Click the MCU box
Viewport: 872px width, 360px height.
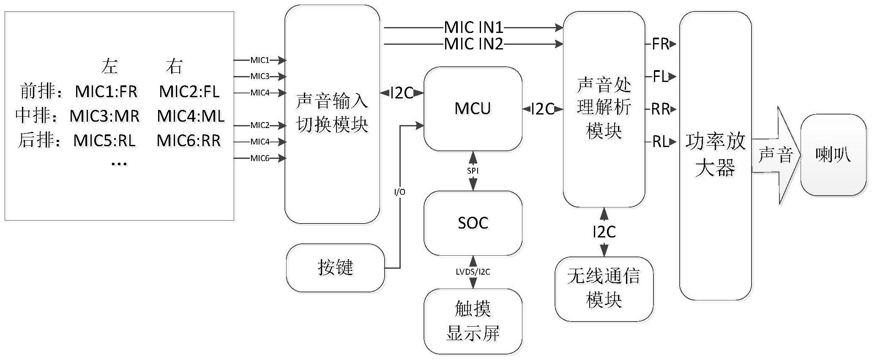point(473,109)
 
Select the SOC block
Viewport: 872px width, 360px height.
point(473,223)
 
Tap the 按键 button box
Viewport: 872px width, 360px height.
point(335,267)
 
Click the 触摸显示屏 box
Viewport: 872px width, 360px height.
point(473,322)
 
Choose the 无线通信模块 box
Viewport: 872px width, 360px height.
point(604,289)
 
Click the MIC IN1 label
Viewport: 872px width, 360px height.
point(473,28)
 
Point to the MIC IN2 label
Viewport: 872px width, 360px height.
point(473,44)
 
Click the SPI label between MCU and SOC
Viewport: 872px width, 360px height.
point(473,171)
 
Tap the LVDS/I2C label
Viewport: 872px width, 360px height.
point(473,272)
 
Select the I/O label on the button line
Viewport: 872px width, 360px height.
point(399,192)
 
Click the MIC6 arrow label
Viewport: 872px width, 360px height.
point(260,158)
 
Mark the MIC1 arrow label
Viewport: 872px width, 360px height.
point(260,60)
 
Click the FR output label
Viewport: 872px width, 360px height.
point(660,44)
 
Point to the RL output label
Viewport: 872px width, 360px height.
point(660,142)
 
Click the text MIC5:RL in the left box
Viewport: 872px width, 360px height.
point(104,141)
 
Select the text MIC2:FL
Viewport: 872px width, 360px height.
point(189,92)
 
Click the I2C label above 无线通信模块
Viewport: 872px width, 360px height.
point(604,232)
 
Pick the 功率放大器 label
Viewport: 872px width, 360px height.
point(715,155)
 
